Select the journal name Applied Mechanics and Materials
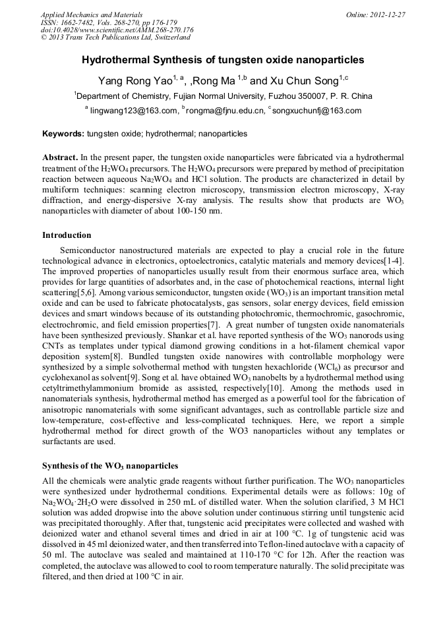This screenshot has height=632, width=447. coord(92,14)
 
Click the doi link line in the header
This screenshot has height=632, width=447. coord(117,30)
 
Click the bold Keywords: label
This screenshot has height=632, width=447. coord(63,134)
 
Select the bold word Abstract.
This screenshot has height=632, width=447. coord(60,158)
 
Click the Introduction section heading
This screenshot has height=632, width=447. coord(67,235)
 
